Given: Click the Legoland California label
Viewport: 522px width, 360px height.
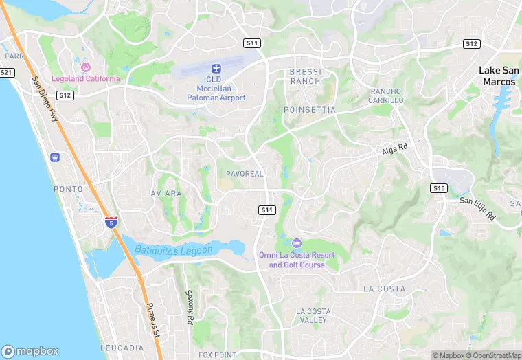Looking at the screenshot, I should click(x=85, y=78).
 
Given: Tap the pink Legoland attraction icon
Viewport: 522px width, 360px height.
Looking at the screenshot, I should click(x=86, y=67).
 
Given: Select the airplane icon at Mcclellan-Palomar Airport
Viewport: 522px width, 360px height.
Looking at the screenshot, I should click(x=216, y=69).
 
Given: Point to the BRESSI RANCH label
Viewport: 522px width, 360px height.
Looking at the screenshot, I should click(x=305, y=76).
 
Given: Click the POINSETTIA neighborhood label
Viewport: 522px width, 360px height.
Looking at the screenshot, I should click(x=310, y=109).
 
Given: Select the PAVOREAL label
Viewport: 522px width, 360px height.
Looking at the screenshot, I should click(x=245, y=174).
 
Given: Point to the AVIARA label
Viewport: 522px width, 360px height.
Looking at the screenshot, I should click(x=166, y=194).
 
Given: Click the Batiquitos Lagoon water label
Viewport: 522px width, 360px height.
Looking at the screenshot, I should click(x=174, y=249).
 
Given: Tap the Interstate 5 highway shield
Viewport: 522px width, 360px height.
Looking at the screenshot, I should click(x=111, y=222).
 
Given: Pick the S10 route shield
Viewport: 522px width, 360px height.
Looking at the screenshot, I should click(x=439, y=188).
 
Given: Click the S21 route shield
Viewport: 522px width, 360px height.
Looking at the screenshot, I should click(x=7, y=72).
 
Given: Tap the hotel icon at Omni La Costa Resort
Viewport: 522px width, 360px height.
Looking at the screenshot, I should click(x=296, y=243).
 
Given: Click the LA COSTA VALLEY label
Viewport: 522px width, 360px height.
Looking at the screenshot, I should click(x=312, y=316).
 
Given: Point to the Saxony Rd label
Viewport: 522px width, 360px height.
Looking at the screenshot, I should click(x=190, y=306).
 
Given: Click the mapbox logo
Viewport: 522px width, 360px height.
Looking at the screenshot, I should click(x=30, y=350).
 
